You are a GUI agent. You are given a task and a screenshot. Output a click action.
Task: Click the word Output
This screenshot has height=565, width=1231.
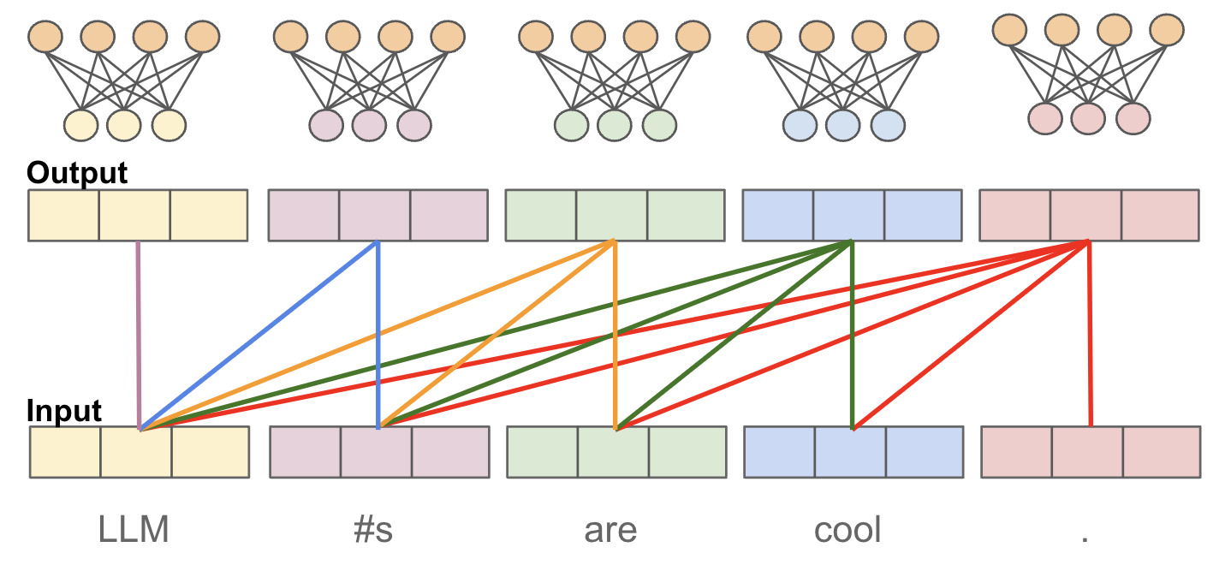pos(77,173)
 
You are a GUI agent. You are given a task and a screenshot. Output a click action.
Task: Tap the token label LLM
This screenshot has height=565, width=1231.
pos(134,531)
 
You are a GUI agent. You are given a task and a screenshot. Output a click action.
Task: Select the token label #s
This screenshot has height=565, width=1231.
pos(372,531)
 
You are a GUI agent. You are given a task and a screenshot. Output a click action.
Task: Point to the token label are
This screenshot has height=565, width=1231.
pos(610,531)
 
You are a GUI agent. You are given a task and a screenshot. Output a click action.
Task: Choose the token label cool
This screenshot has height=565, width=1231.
pos(847,531)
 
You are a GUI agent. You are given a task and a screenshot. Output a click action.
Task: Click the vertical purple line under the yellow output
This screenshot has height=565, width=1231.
pos(138,334)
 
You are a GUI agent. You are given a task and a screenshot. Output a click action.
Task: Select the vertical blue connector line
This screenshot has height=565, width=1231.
pos(378,334)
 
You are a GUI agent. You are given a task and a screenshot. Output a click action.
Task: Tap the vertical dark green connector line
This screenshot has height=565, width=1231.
pos(852,334)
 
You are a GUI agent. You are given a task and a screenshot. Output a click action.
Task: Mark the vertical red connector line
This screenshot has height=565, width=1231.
pos(1089,334)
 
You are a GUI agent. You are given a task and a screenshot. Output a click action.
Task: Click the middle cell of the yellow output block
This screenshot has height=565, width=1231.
pos(135,215)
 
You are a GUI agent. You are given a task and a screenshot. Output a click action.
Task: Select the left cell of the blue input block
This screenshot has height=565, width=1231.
pos(779,451)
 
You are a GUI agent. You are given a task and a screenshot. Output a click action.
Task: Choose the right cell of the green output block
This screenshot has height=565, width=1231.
pos(685,215)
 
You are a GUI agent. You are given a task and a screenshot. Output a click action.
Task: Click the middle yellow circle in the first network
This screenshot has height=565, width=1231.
pos(124,125)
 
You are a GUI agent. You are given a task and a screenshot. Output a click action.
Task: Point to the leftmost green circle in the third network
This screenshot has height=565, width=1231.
pos(571,125)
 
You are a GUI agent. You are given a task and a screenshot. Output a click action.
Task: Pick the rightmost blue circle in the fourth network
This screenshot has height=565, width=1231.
pos(887,125)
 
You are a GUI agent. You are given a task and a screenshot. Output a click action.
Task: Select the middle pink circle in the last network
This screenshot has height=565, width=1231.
pos(1088,118)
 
